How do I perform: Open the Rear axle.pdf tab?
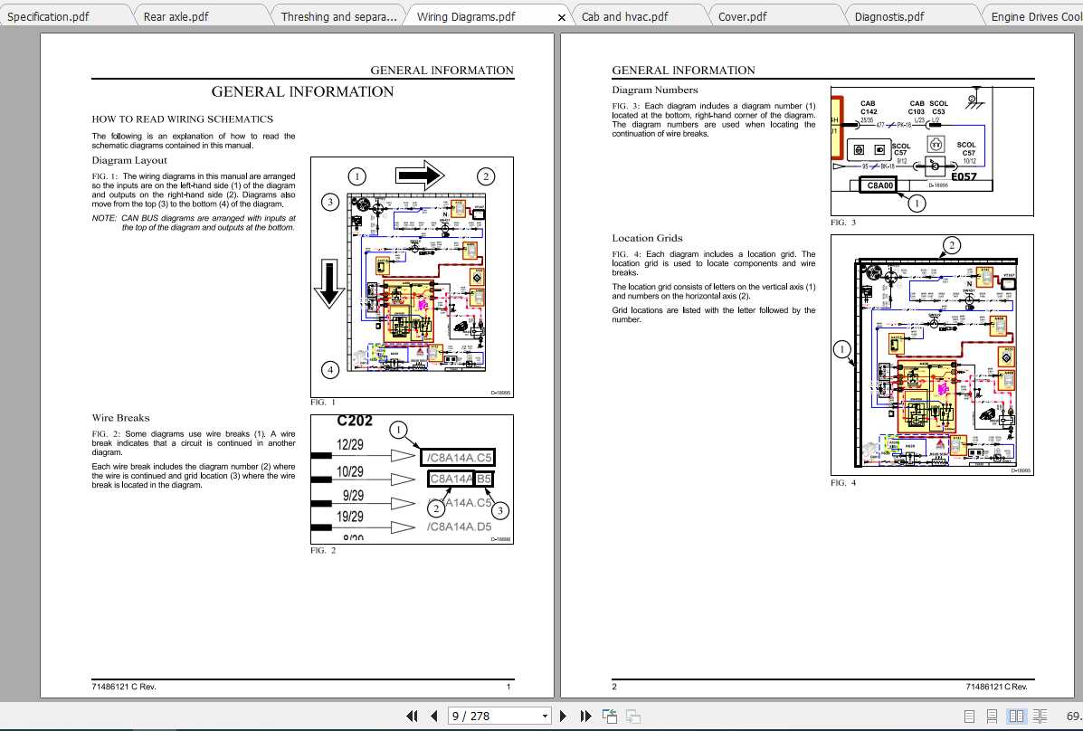pos(176,16)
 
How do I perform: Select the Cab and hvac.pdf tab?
pos(624,16)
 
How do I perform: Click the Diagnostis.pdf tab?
pos(889,16)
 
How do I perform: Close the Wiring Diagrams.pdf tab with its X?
pos(561,17)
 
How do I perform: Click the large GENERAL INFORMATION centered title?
pos(302,91)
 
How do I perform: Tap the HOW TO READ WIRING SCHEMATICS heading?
pos(182,119)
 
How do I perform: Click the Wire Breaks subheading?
pos(120,418)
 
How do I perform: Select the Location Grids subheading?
pos(647,238)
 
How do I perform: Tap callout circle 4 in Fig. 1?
pos(331,369)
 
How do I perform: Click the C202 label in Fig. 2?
pos(355,421)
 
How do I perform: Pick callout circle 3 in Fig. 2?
pos(499,510)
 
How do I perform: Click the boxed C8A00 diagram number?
pos(879,185)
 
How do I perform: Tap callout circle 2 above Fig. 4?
pos(951,245)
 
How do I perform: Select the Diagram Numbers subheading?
pos(655,90)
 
